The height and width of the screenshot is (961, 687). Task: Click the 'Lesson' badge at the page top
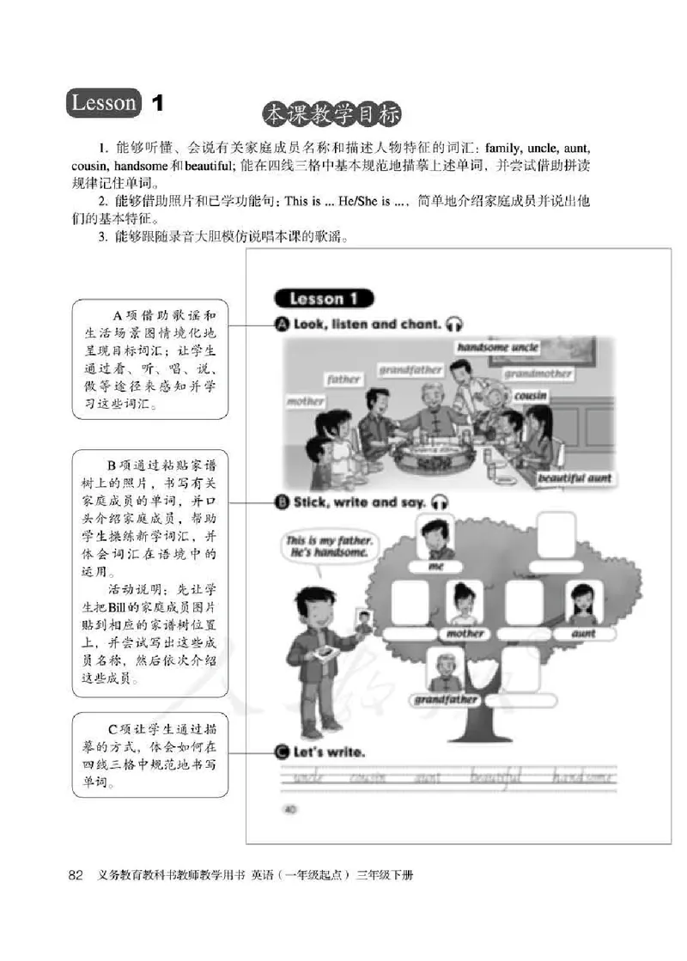coord(103,104)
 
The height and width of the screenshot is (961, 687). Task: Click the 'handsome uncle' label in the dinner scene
coord(497,348)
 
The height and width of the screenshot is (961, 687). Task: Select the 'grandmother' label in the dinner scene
coord(538,374)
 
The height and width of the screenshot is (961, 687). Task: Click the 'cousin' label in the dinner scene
coord(530,397)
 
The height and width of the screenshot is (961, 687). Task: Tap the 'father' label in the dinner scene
coord(343,379)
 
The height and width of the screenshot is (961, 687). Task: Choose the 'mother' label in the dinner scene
coord(305,401)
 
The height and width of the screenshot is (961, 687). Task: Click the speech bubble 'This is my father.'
coord(329,546)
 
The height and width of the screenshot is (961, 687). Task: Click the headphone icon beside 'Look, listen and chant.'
coord(455,325)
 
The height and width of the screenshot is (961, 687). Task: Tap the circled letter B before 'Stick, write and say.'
coord(281,502)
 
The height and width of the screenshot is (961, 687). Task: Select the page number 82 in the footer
coord(75,876)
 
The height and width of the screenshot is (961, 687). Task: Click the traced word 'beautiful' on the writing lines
coord(496,778)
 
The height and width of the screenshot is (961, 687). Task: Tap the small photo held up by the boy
coord(362,623)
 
